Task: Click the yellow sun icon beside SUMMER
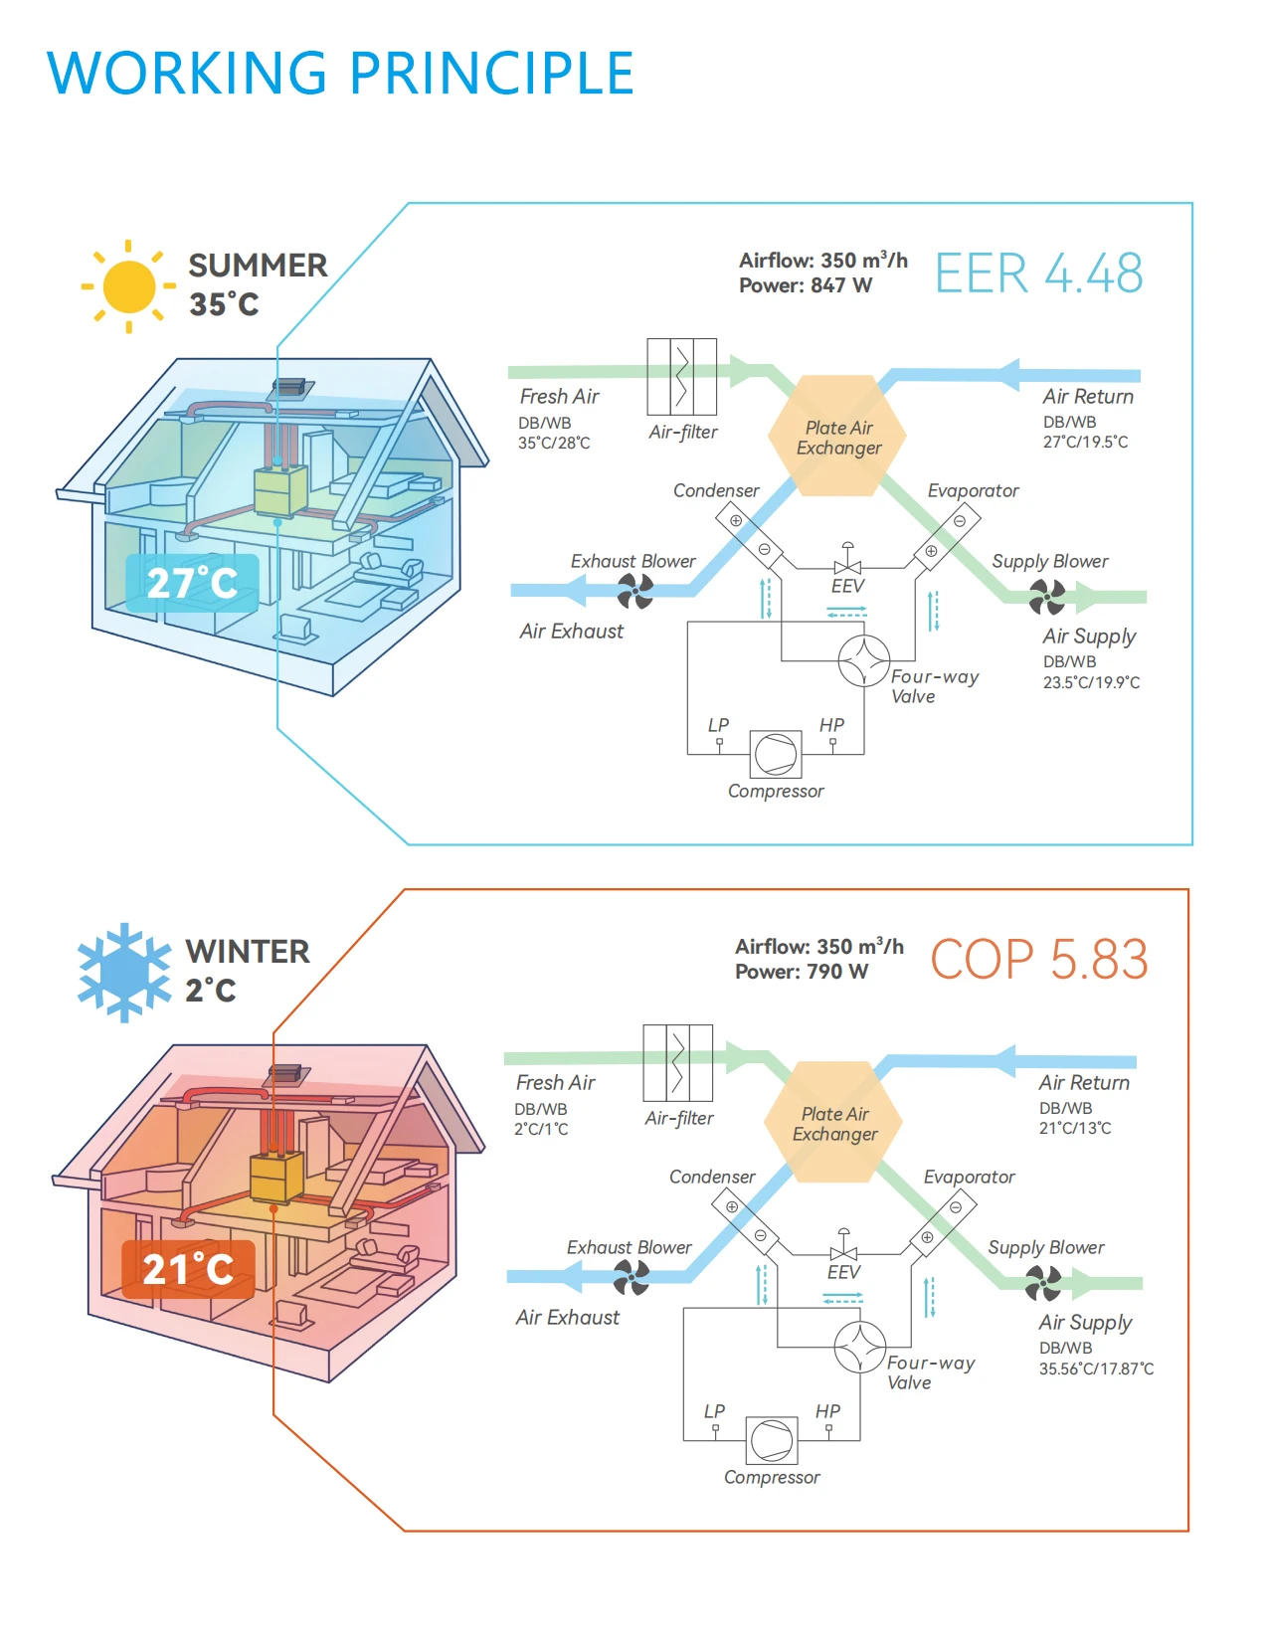[128, 286]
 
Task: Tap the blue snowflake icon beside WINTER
[124, 972]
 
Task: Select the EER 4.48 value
[1038, 273]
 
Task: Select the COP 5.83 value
[1038, 960]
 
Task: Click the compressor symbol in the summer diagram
[775, 754]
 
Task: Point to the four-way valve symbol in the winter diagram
[859, 1347]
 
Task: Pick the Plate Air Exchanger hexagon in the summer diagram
[837, 436]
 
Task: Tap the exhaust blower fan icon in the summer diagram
[634, 591]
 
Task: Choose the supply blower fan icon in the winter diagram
[1043, 1283]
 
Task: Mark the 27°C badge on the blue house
[192, 583]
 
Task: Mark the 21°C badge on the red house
[188, 1269]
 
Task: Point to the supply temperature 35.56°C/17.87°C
[1096, 1368]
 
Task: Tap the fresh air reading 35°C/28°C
[554, 443]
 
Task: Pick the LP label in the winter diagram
[714, 1411]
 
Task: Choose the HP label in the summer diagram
[831, 725]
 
